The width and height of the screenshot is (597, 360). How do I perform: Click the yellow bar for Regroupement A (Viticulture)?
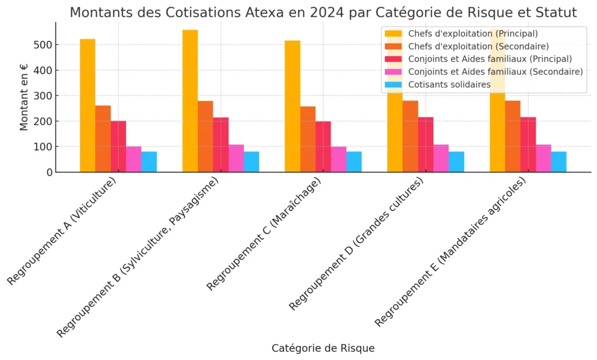pos(87,105)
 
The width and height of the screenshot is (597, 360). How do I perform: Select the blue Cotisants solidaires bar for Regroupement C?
pos(354,162)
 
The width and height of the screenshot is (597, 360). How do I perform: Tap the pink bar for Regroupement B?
pos(236,158)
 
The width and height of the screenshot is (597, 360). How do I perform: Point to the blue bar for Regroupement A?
pos(149,162)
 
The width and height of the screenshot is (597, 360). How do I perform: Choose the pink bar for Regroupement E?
pos(543,158)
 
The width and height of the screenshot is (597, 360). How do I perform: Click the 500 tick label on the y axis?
pos(44,45)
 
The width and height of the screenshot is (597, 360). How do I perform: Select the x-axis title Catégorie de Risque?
pos(323,348)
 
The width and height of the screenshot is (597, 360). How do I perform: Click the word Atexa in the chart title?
pos(257,12)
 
